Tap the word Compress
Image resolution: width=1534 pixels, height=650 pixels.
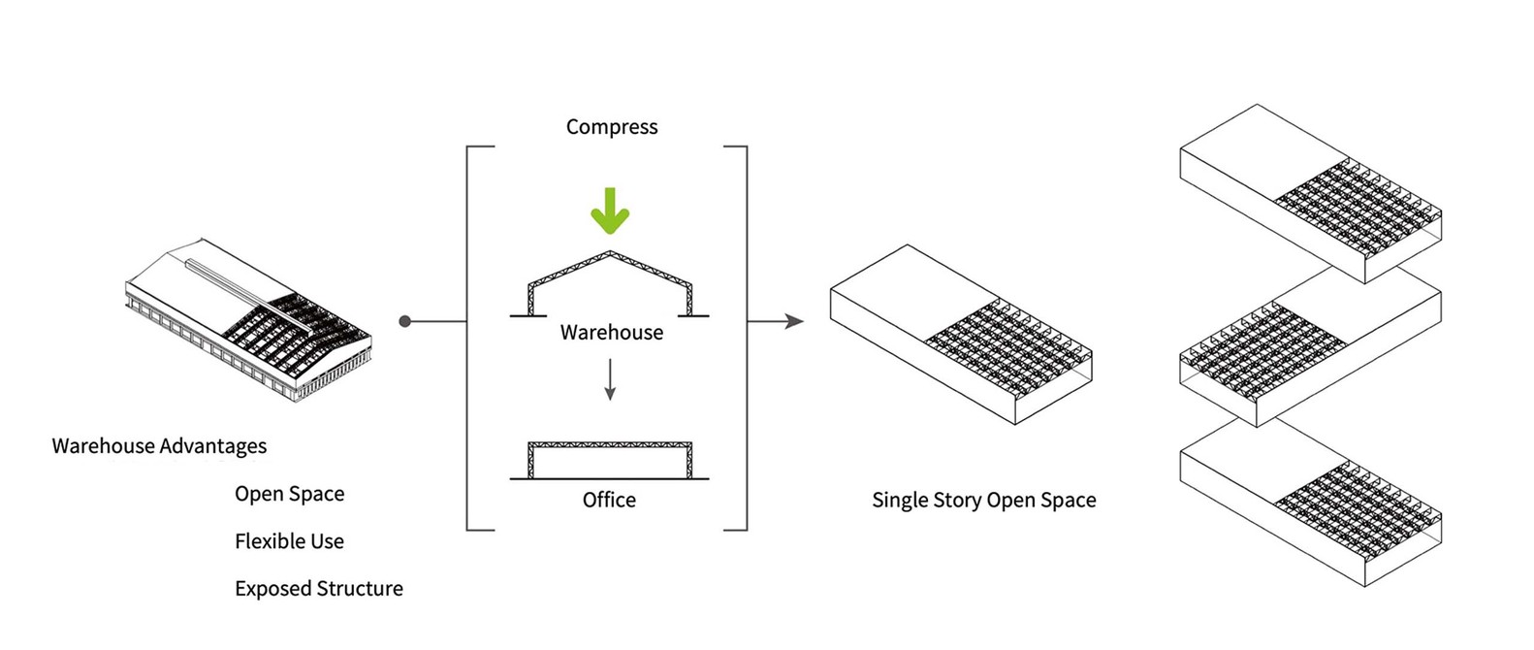612,127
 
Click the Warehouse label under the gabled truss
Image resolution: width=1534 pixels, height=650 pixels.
612,333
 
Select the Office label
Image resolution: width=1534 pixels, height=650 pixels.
609,501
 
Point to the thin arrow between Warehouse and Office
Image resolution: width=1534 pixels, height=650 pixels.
610,379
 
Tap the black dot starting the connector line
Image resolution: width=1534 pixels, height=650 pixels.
405,321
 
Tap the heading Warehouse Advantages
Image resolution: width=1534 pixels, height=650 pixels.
159,446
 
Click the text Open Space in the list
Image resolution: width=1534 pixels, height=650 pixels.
289,494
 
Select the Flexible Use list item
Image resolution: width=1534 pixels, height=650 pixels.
289,541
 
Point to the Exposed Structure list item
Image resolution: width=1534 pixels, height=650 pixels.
319,589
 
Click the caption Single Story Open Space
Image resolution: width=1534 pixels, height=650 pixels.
983,501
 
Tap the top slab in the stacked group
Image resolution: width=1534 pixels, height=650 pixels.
1310,193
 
